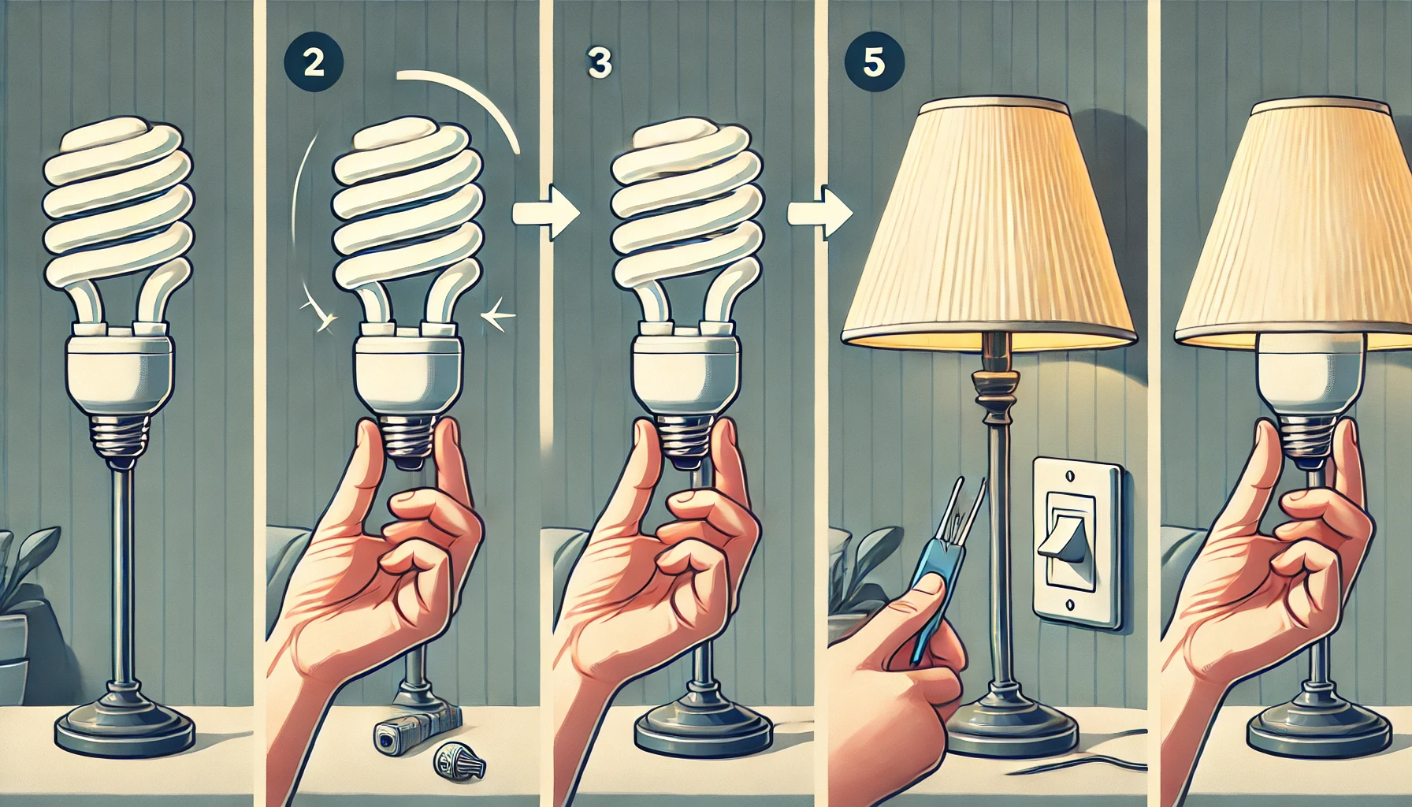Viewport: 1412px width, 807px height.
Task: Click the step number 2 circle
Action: coord(314,62)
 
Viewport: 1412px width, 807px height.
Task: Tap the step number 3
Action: coord(600,64)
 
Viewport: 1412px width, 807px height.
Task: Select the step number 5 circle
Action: coord(874,62)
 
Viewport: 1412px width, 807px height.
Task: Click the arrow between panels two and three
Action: coord(548,213)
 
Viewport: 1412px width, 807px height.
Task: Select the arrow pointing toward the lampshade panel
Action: coord(821,213)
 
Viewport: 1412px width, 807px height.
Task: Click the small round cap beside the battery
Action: coord(459,763)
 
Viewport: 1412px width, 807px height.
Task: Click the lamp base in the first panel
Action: coord(124,728)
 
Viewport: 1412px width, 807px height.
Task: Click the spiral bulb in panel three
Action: coord(686,213)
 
